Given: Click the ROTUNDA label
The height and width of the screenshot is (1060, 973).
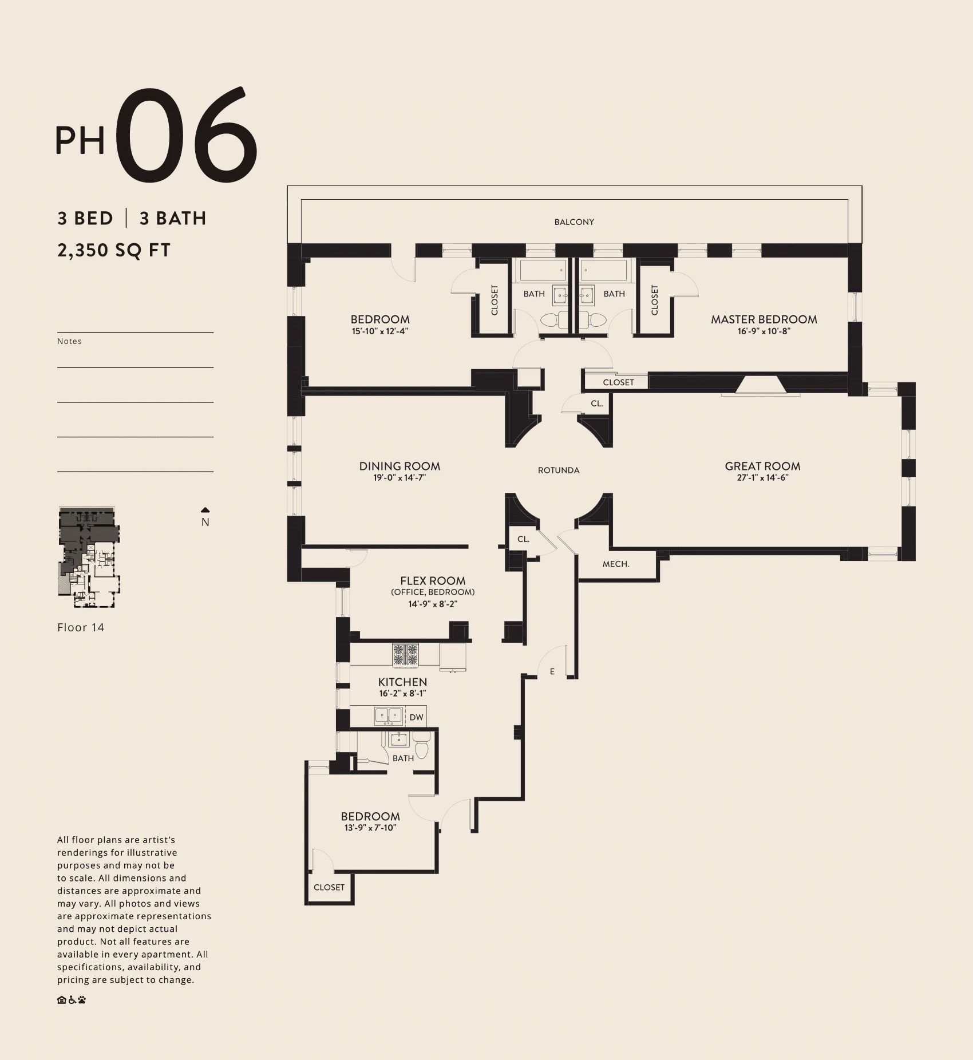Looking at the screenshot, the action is pyautogui.click(x=559, y=470).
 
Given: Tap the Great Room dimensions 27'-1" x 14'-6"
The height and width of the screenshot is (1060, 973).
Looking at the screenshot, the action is pyautogui.click(x=762, y=478).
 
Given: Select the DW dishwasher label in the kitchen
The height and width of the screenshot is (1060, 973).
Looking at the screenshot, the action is pyautogui.click(x=417, y=717).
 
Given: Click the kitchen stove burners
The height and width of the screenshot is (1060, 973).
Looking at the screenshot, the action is pyautogui.click(x=405, y=655).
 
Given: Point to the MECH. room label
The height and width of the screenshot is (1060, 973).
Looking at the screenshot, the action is pyautogui.click(x=616, y=564).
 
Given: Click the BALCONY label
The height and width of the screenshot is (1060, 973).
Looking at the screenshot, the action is pyautogui.click(x=574, y=222).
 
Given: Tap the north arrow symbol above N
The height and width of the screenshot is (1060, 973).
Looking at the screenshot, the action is pyautogui.click(x=205, y=510).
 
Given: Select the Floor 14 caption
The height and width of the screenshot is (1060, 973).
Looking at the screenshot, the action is pyautogui.click(x=81, y=627).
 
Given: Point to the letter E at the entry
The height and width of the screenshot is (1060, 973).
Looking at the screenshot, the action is pyautogui.click(x=552, y=672).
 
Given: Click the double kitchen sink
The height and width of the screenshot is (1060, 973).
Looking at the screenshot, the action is pyautogui.click(x=389, y=716).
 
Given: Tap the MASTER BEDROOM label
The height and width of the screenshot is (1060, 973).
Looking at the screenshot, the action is pyautogui.click(x=764, y=319).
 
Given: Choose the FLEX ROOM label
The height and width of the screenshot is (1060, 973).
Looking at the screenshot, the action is pyautogui.click(x=433, y=581).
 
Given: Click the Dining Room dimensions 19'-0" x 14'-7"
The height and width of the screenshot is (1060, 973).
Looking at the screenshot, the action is pyautogui.click(x=400, y=478).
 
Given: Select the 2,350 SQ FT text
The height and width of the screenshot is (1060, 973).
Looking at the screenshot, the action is pyautogui.click(x=114, y=251).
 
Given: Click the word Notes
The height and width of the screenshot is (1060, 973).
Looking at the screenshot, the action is pyautogui.click(x=69, y=341).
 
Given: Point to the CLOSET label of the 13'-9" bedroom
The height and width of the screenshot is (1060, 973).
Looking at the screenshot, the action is pyautogui.click(x=329, y=887).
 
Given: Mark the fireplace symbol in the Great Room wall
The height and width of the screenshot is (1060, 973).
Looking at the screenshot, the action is pyautogui.click(x=761, y=385).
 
